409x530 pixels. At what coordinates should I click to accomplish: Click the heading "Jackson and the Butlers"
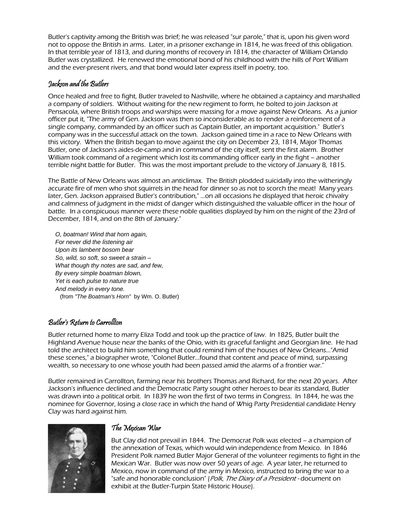pyautogui.click(x=78, y=84)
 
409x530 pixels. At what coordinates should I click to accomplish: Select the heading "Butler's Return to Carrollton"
pyautogui.click(x=85, y=322)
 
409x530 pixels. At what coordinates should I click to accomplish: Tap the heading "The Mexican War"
pyautogui.click(x=136, y=428)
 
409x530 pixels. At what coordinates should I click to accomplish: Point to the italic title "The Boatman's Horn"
pyautogui.click(x=103, y=297)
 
